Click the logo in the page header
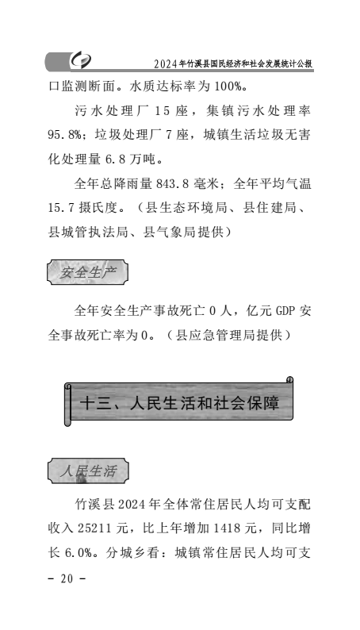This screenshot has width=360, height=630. pyautogui.click(x=81, y=60)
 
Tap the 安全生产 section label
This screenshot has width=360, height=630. pyautogui.click(x=88, y=273)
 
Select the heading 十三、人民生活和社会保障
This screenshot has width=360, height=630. pyautogui.click(x=179, y=403)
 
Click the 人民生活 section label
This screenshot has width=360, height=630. pyautogui.click(x=88, y=471)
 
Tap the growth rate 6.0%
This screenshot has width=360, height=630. pyautogui.click(x=79, y=553)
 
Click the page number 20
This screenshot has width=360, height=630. pyautogui.click(x=67, y=579)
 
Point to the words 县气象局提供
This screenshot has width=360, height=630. pyautogui.click(x=183, y=232)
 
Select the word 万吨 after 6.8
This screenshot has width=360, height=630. pyautogui.click(x=142, y=159)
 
